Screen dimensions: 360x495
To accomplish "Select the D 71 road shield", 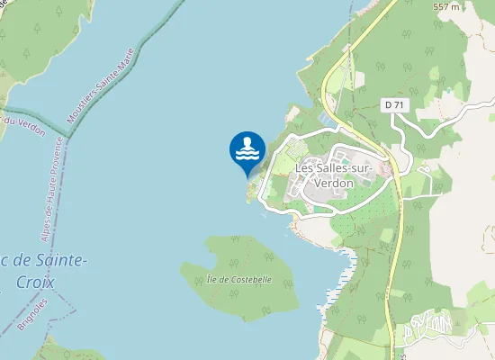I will coord(392,105).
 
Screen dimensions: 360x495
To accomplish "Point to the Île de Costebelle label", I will coord(238,280).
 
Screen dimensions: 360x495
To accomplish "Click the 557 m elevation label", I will coord(445,7).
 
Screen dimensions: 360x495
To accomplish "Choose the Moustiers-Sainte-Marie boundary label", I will coord(101,85).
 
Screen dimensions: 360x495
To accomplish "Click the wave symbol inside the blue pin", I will coord(247,155).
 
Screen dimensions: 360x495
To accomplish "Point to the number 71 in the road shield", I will coord(398,105).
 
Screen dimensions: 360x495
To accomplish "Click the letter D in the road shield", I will coord(388,105).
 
